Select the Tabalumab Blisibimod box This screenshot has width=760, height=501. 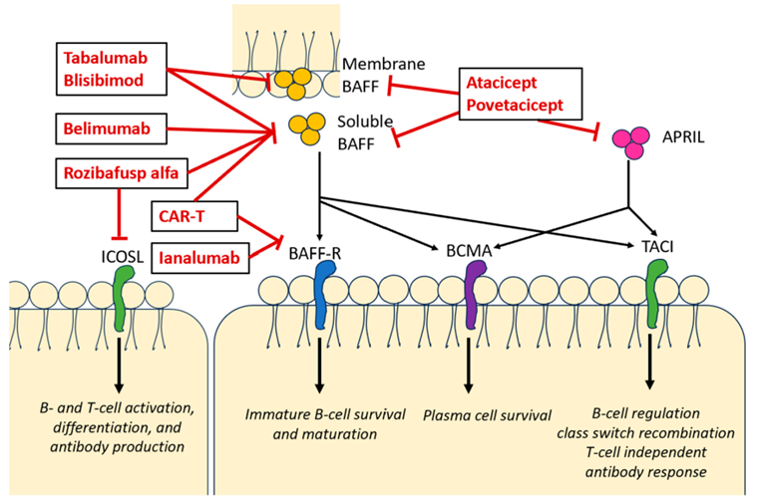click(108, 68)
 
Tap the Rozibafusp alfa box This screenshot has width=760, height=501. click(120, 175)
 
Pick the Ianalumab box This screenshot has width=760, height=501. click(198, 258)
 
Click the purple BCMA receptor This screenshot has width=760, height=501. click(476, 295)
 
